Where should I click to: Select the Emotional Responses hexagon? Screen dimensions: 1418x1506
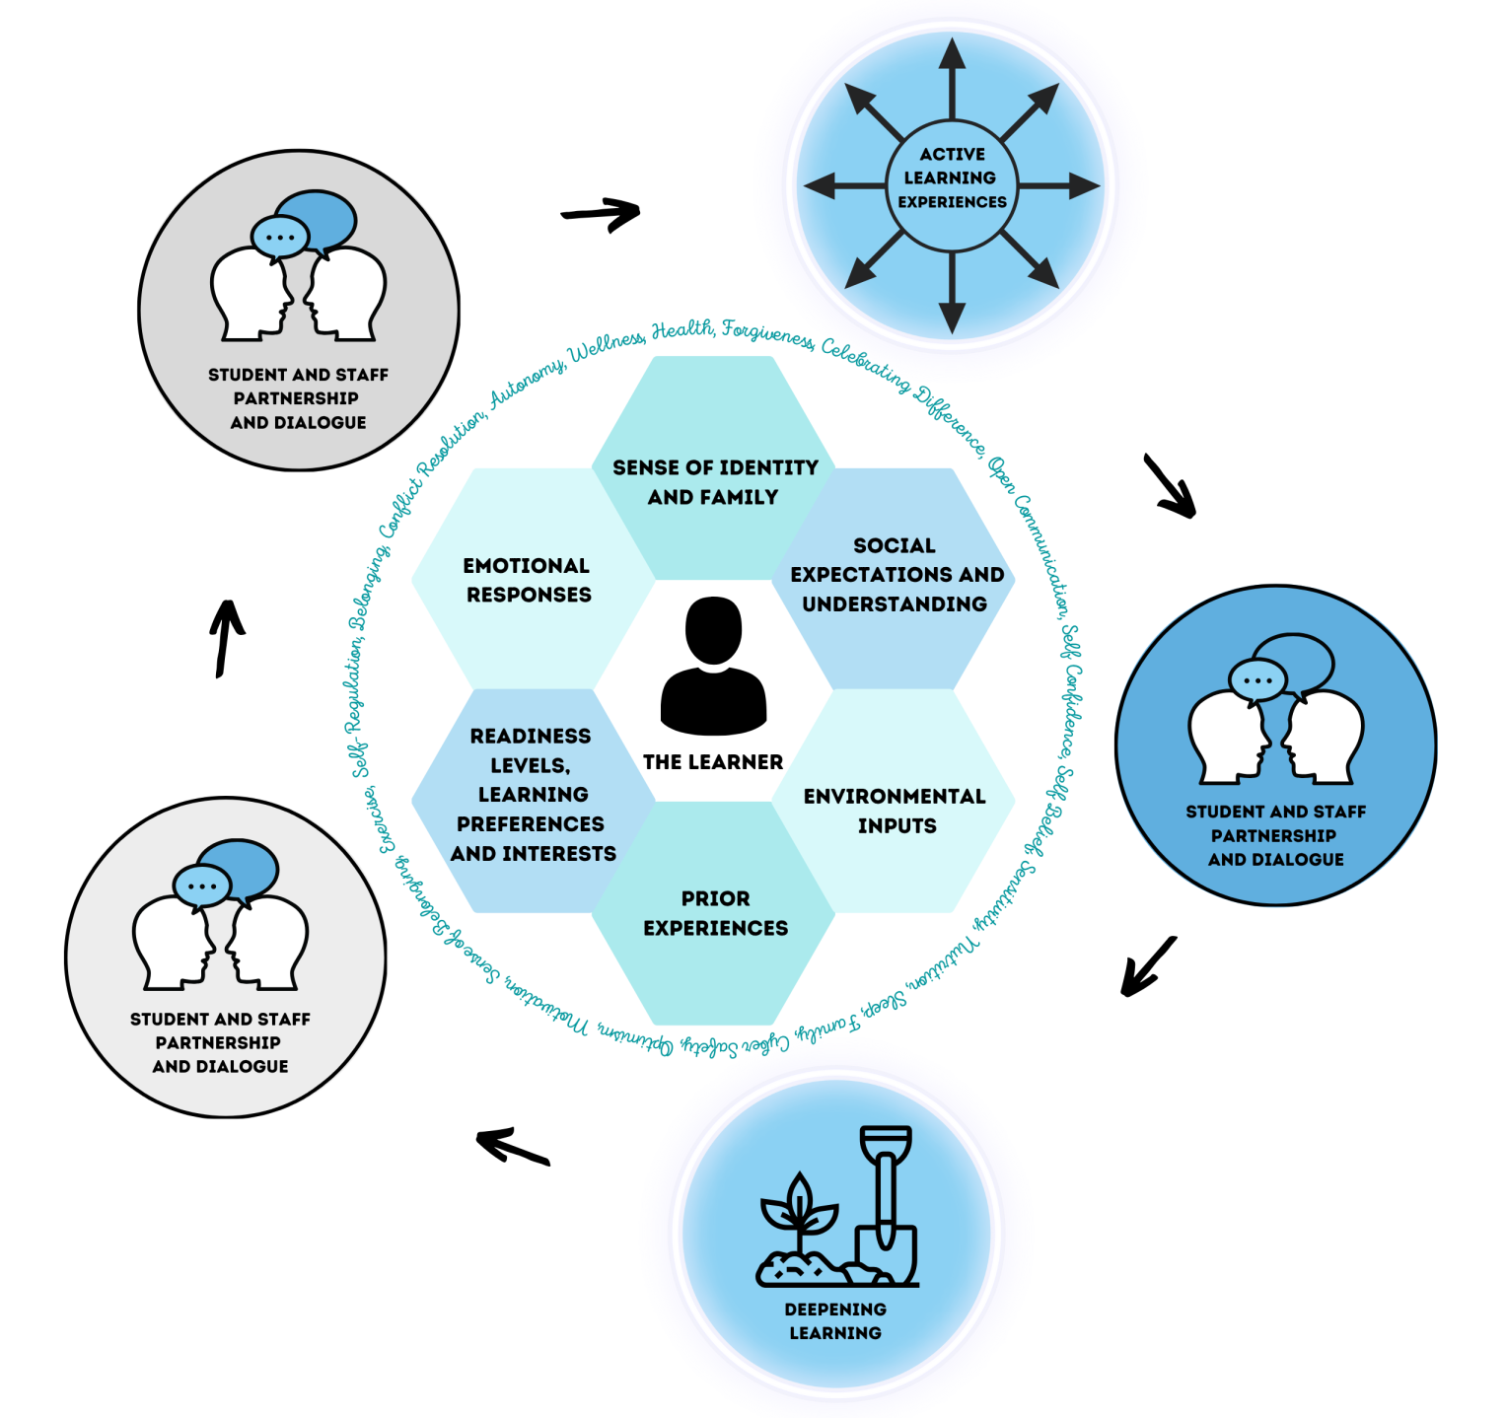click(529, 579)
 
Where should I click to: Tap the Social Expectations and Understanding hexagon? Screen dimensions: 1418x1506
click(896, 575)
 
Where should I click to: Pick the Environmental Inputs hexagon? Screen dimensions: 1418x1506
click(896, 811)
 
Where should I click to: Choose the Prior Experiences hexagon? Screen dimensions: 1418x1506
click(714, 913)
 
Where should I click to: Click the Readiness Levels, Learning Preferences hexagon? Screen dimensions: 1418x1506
click(533, 795)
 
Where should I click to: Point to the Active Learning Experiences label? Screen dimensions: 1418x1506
click(952, 178)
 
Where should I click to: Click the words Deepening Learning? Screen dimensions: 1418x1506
click(835, 1321)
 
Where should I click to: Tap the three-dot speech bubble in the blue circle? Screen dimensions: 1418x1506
click(1257, 679)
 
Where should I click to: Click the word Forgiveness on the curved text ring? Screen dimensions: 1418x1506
click(767, 335)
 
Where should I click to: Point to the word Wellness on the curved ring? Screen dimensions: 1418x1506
click(608, 348)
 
